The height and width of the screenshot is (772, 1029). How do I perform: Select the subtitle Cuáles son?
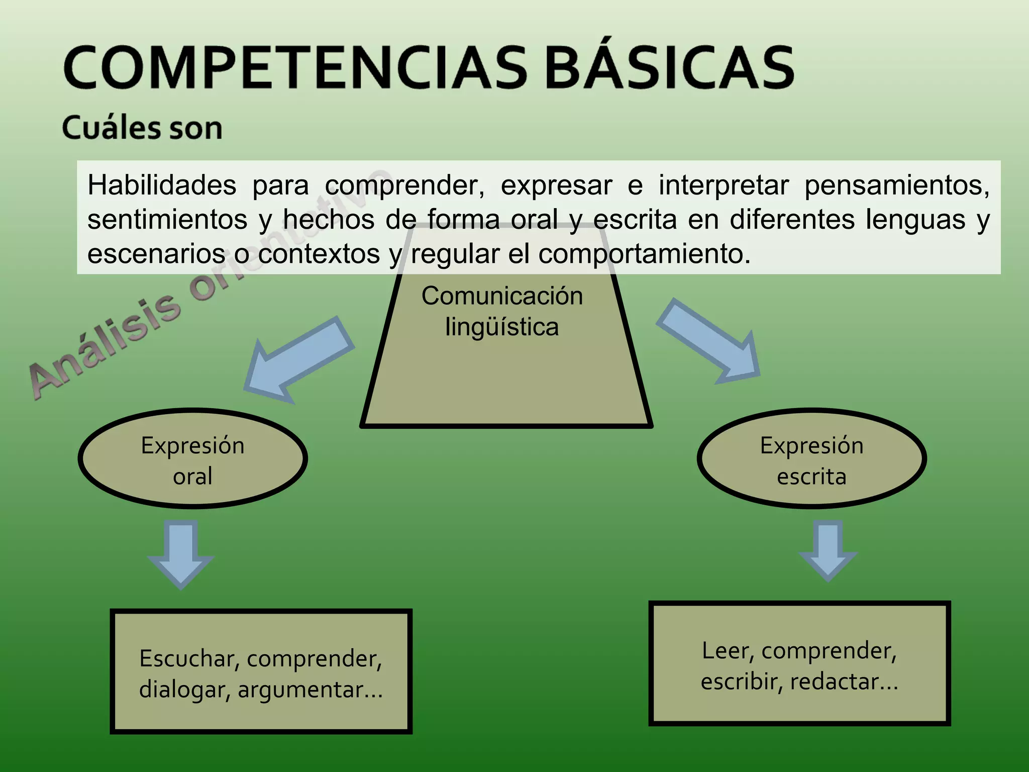(142, 128)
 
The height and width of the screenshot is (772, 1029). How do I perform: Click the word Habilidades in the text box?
(162, 185)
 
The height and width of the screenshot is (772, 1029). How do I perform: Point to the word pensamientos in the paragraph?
(897, 185)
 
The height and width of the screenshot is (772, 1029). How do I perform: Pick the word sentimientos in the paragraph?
(167, 220)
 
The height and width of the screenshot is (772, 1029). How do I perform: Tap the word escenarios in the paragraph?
(156, 254)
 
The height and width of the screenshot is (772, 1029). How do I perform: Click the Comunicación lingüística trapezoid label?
(502, 311)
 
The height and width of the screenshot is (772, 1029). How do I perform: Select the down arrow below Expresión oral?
(181, 553)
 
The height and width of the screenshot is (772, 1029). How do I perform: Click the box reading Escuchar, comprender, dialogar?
(261, 672)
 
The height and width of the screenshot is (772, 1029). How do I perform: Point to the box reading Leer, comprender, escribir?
(799, 664)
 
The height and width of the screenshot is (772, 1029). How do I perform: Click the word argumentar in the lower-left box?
(310, 689)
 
